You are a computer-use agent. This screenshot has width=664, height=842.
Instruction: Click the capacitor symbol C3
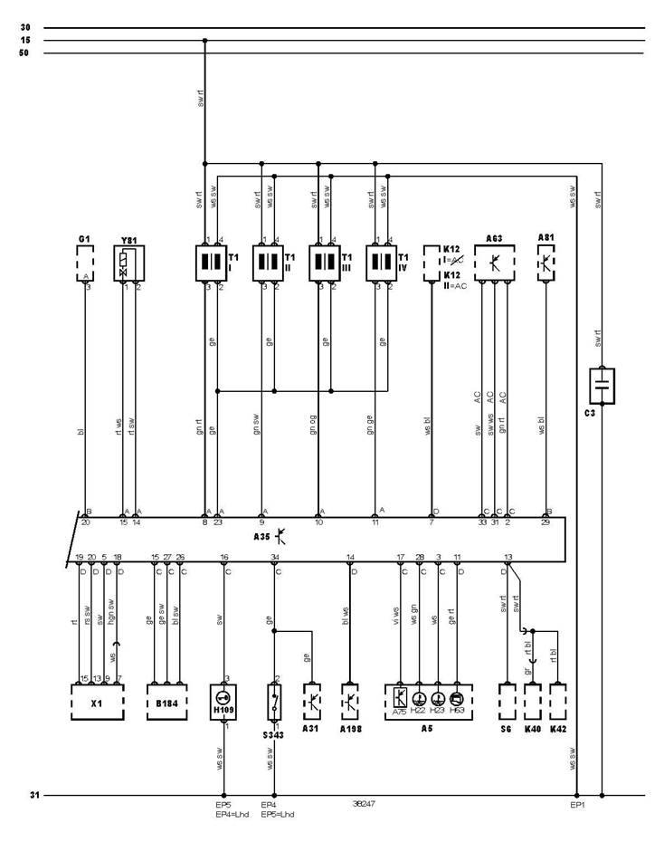tap(602, 386)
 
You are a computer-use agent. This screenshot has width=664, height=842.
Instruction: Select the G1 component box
tap(85, 263)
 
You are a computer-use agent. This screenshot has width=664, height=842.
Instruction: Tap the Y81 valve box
tap(129, 263)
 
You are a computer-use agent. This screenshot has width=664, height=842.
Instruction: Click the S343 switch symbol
tap(275, 702)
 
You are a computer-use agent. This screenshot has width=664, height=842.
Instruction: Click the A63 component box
tap(495, 263)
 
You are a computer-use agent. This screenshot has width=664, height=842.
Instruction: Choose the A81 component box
tap(546, 263)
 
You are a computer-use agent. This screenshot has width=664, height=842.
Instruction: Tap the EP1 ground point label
tap(576, 804)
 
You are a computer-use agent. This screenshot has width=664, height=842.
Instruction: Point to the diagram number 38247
tap(365, 803)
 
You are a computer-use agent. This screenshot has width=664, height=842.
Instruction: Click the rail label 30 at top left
tap(24, 28)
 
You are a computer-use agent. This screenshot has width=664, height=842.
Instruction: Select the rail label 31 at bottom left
tap(34, 795)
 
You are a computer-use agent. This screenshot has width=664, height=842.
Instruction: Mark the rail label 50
tap(24, 53)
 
